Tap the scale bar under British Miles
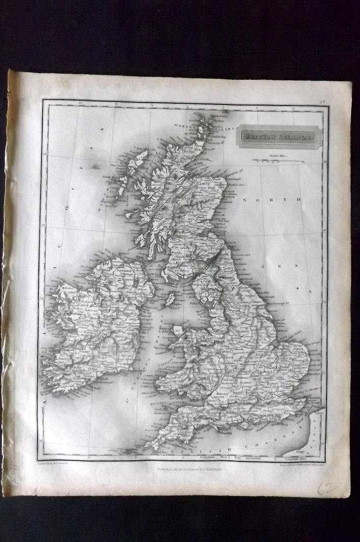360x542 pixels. click(278, 160)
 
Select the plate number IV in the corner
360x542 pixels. click(323, 102)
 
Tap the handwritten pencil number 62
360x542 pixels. click(326, 488)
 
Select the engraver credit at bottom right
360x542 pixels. click(301, 464)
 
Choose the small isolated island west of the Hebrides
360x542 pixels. click(94, 167)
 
